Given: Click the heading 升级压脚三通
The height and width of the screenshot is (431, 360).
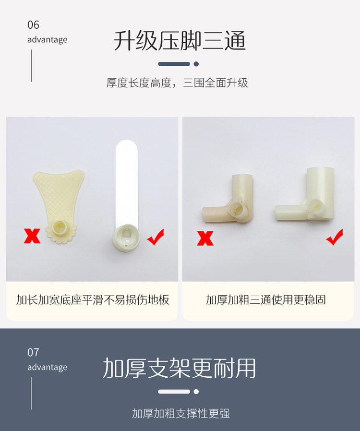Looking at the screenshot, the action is point(180,41).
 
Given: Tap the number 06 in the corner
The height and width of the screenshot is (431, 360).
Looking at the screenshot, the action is point(33,25).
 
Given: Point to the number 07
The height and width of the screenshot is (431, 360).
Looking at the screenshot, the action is point(33,353).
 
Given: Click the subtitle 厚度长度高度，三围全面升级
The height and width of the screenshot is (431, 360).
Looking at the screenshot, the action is point(177,83).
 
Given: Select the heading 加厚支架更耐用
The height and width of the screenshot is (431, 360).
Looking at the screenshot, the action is point(179,368).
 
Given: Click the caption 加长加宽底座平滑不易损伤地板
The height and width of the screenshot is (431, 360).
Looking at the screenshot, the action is point(93,300).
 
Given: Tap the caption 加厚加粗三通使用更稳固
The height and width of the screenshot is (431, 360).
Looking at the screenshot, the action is point(266,300).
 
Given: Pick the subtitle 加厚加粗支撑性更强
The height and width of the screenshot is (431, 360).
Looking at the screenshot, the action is point(180,413).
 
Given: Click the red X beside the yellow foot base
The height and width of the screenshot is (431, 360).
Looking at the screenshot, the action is point(32,236).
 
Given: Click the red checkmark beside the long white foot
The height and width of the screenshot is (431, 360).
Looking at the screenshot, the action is point(156,237).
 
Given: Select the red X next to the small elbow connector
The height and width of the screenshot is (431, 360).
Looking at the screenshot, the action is point(205,238).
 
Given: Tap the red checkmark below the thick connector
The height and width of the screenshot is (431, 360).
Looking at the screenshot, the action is point(335,237).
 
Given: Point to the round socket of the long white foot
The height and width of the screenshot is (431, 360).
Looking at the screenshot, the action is point(126,238).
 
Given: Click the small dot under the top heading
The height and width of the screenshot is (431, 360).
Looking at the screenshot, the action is point(196,64).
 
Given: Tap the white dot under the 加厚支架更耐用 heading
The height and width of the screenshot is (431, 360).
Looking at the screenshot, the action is point(196,392).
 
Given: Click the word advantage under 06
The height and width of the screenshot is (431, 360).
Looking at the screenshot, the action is point(47,40).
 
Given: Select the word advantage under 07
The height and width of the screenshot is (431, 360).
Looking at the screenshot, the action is point(47,368).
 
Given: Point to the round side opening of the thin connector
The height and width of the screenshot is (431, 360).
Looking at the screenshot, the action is point(238,209).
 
